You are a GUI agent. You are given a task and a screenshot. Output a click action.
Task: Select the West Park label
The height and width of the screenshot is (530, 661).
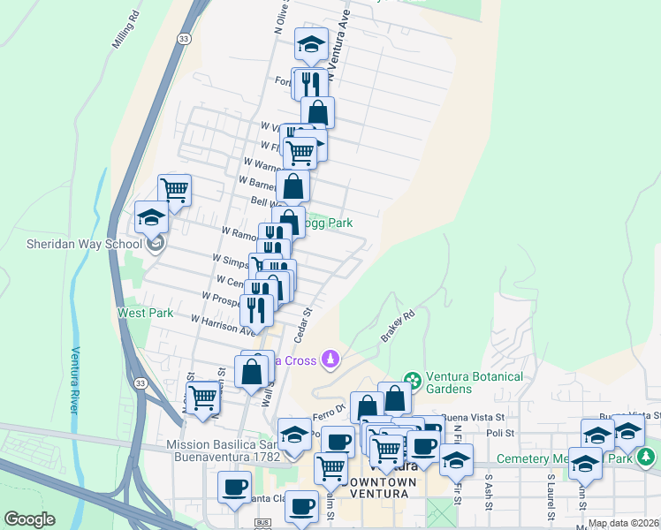tap(133, 313)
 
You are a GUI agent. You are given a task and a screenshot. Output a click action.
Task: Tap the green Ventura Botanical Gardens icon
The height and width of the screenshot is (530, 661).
tap(411, 377)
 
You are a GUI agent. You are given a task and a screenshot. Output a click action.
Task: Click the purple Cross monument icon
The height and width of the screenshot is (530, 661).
tap(330, 359)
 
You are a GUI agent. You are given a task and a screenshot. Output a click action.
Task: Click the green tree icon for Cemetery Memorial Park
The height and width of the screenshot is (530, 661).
tap(647, 457)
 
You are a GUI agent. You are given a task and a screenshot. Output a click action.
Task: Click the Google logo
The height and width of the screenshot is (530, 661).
tap(29, 519)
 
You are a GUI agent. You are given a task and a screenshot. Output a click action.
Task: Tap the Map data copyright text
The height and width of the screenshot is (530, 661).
tap(623, 523)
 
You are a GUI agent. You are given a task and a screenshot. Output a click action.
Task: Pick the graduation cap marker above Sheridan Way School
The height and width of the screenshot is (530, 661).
tap(151, 216)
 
